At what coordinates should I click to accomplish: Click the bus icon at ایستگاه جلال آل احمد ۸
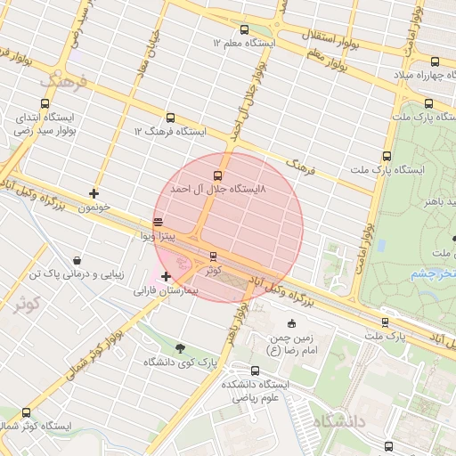pos(218,175)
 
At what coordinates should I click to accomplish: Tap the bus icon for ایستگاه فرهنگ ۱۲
pos(170,118)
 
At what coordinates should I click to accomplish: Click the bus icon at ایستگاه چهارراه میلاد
pos(435,62)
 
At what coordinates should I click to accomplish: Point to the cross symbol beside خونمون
pos(94,192)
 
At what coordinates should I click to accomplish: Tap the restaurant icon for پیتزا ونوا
pos(159,222)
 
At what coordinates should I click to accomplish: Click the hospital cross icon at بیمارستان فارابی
pos(167,277)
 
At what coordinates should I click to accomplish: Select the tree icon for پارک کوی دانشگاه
pos(181,348)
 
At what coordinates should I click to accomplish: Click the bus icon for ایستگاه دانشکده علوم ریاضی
pos(256,370)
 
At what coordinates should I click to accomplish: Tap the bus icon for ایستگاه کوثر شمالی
pos(25,412)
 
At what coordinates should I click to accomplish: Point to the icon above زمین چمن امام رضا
pos(292,322)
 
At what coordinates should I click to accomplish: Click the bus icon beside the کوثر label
pos(212,256)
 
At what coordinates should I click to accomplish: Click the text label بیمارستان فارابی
pos(170,291)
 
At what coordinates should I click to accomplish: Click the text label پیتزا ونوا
pos(161,236)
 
